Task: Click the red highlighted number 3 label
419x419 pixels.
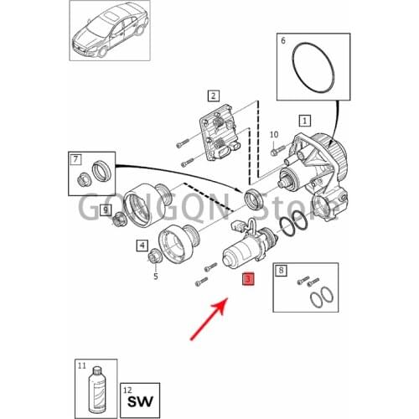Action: coord(248,280)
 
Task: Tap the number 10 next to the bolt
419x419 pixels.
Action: coord(273,135)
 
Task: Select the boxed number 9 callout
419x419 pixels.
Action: coord(105,209)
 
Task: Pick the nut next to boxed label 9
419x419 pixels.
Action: coord(119,220)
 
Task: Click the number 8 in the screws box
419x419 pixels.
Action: coord(282,271)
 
